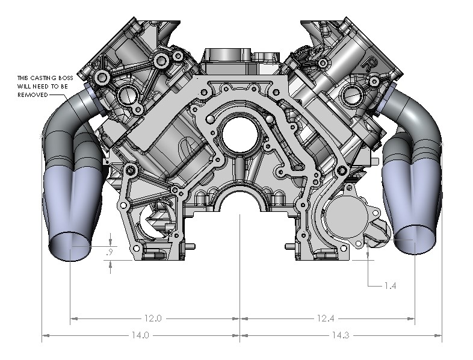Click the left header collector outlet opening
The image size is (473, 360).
(x=71, y=247)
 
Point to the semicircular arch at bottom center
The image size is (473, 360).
(x=240, y=205)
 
